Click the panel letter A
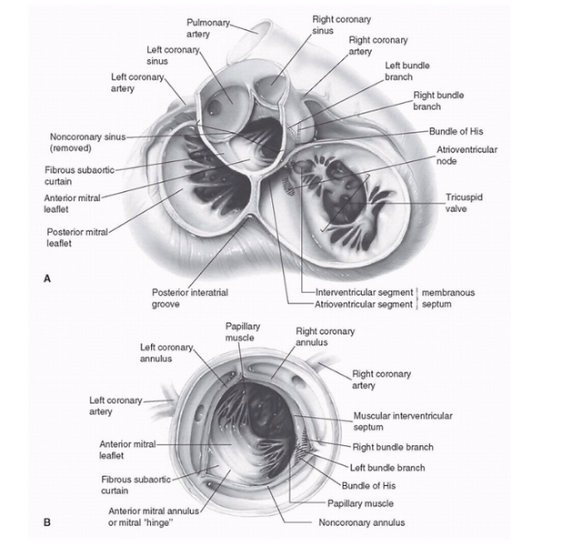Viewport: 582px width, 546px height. pyautogui.click(x=47, y=278)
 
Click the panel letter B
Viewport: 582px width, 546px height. pyautogui.click(x=47, y=522)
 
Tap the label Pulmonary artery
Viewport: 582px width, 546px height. pyautogui.click(x=208, y=28)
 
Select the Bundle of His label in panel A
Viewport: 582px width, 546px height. pyautogui.click(x=457, y=131)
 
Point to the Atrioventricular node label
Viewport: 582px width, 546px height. pyautogui.click(x=467, y=156)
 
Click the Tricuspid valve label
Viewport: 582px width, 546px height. pyautogui.click(x=464, y=203)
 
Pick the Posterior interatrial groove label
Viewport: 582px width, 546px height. pyautogui.click(x=190, y=298)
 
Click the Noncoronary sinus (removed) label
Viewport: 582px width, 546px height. pyautogui.click(x=88, y=142)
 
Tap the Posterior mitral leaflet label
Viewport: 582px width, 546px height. pyautogui.click(x=77, y=238)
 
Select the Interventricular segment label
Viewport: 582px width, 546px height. pyautogui.click(x=364, y=293)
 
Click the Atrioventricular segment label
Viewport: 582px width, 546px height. pyautogui.click(x=364, y=304)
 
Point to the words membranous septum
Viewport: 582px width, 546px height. pyautogui.click(x=448, y=298)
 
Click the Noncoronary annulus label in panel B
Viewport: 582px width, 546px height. pyautogui.click(x=362, y=523)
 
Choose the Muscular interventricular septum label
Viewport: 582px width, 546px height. pyautogui.click(x=403, y=421)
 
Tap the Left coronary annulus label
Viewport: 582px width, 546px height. pyautogui.click(x=166, y=353)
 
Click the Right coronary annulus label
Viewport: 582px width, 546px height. pyautogui.click(x=325, y=337)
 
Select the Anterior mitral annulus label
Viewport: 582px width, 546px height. pyautogui.click(x=154, y=517)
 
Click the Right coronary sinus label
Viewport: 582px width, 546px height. pyautogui.click(x=341, y=25)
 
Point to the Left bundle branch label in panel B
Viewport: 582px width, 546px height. pyautogui.click(x=387, y=468)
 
